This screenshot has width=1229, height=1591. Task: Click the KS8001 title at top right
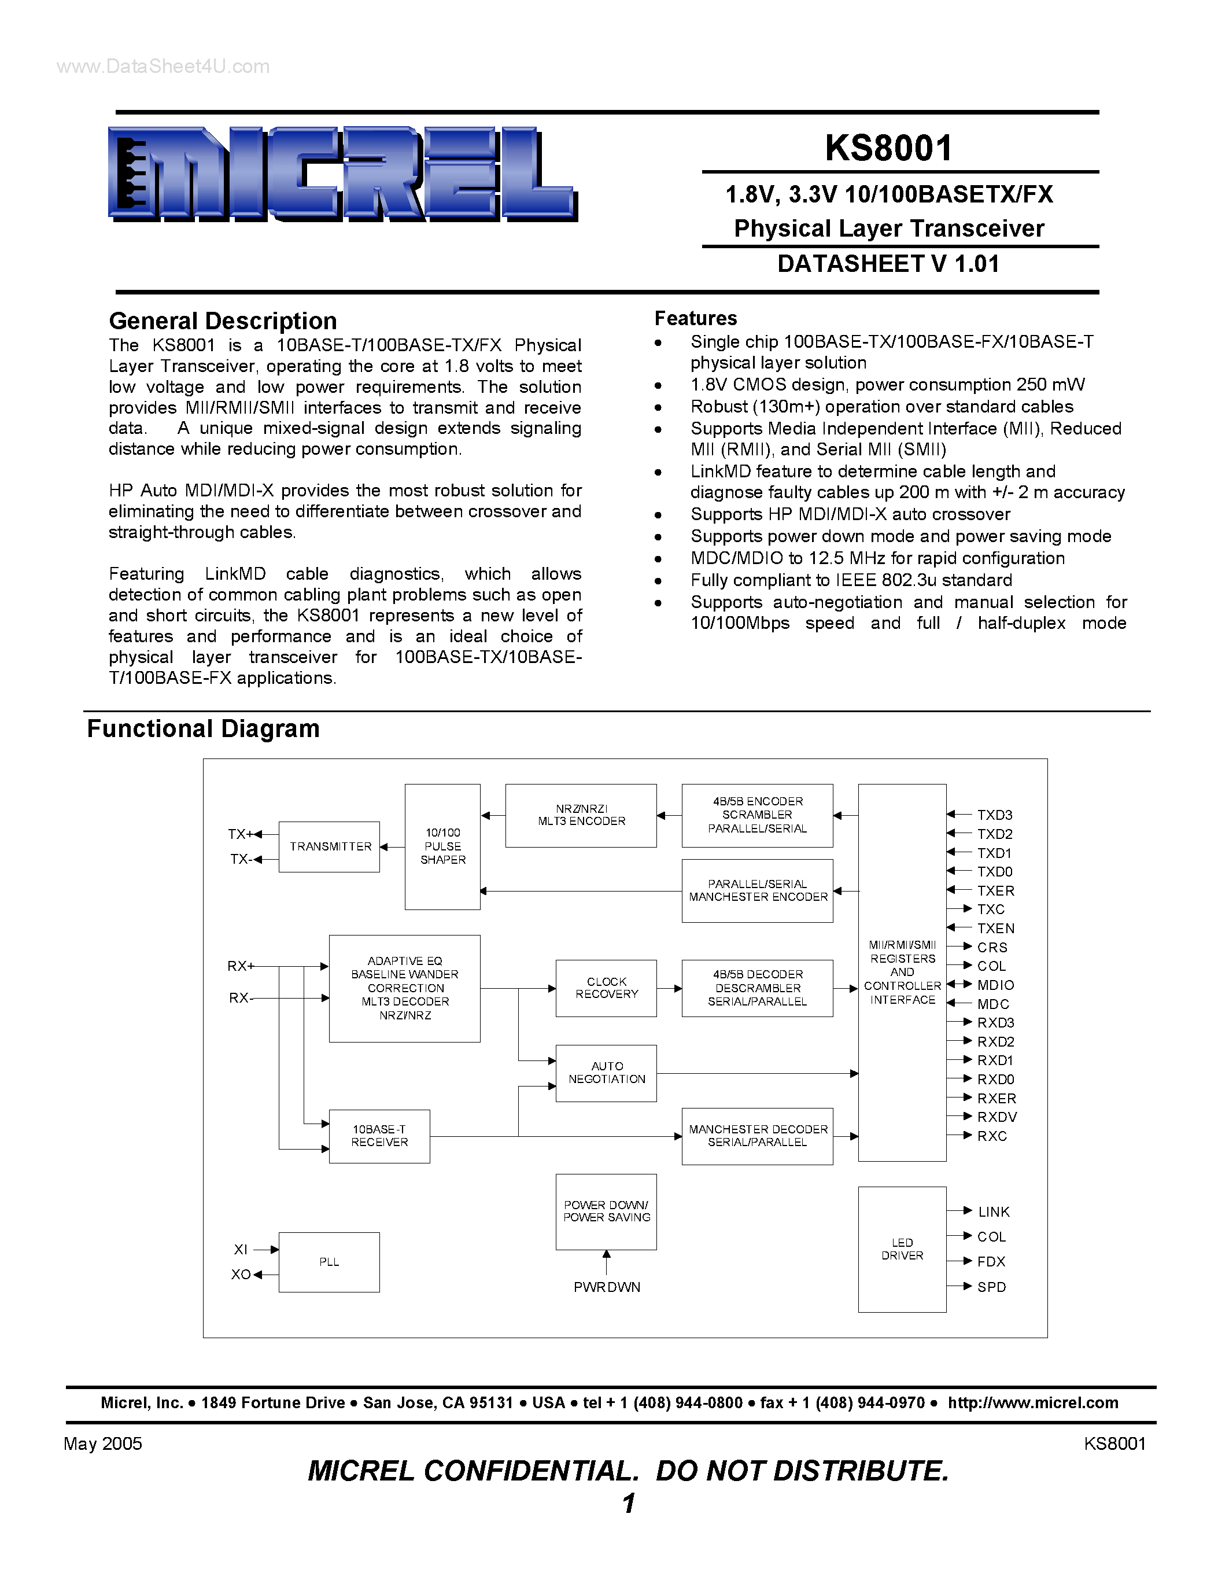pos(888,148)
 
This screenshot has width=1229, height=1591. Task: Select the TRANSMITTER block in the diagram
pos(329,846)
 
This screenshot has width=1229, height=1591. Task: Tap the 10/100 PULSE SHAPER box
pos(442,846)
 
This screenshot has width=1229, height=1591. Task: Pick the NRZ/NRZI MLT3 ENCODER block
pos(581,815)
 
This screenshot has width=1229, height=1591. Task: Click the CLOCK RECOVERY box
pos(606,988)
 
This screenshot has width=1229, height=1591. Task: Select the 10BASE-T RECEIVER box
pos(379,1136)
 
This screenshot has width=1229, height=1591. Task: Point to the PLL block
pos(329,1262)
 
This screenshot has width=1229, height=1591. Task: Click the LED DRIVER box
pos(902,1249)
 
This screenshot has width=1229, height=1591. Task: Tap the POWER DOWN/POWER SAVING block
pos(606,1211)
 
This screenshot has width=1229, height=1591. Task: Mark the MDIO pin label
pos(995,985)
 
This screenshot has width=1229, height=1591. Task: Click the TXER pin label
pos(995,891)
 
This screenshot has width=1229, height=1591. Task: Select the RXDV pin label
pos(997,1117)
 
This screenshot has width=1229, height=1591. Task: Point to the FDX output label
pos(991,1262)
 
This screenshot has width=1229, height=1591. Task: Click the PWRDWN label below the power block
pos(607,1287)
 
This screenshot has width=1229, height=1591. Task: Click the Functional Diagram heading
pos(203,728)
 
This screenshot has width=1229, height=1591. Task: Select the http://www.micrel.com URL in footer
pos(1032,1403)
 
